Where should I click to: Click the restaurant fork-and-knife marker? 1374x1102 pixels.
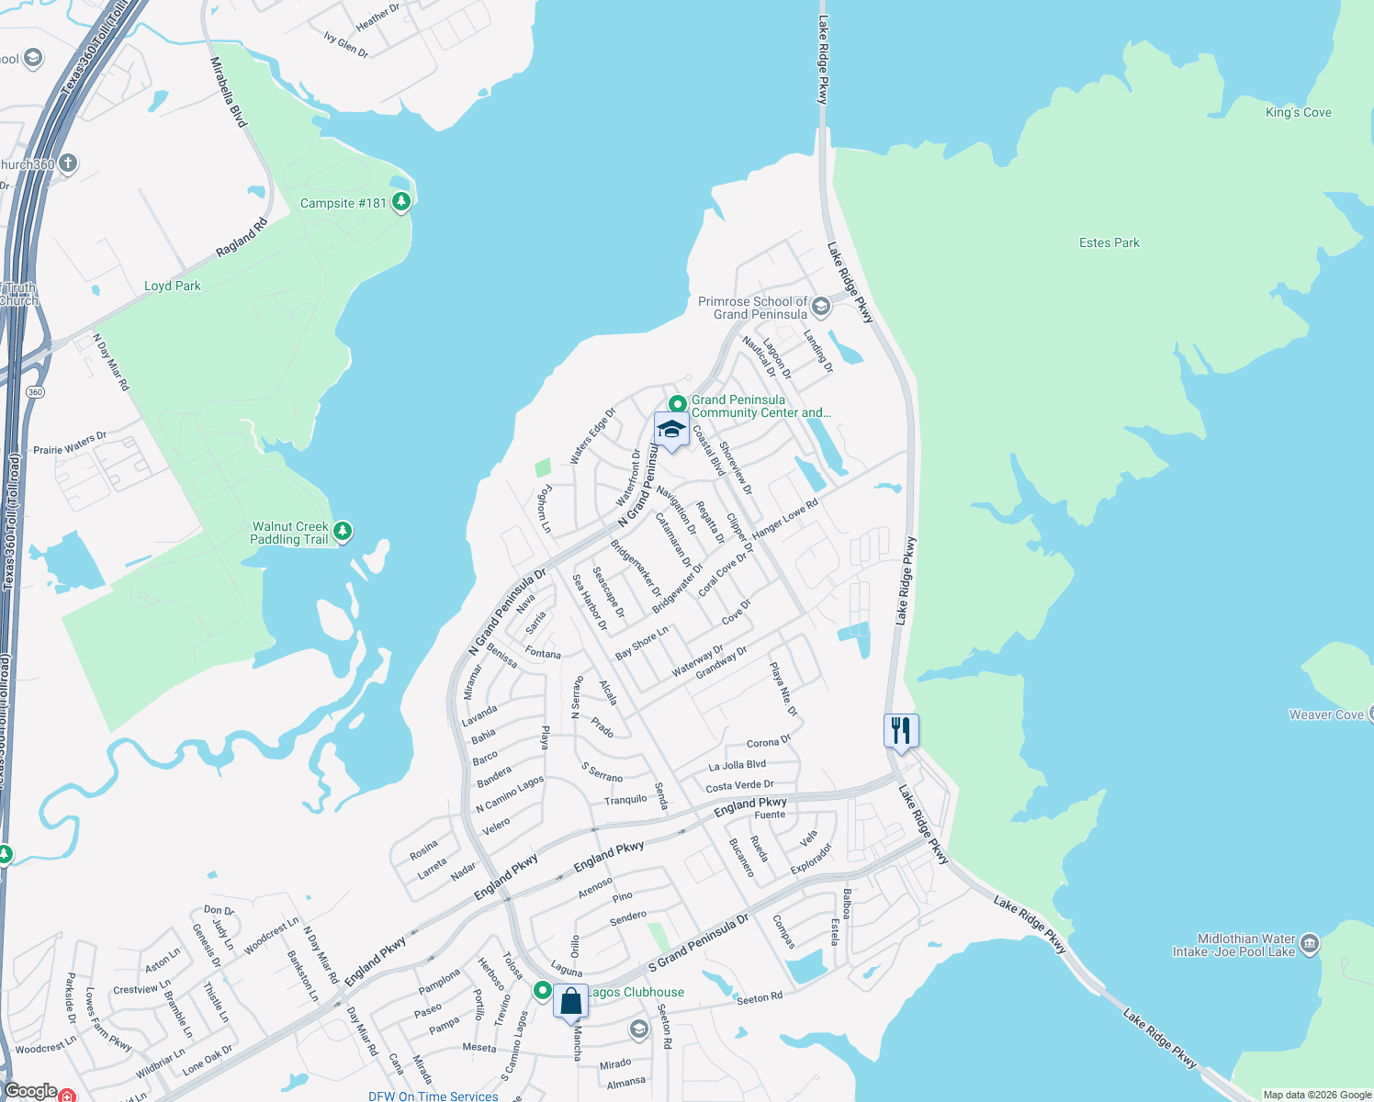901,731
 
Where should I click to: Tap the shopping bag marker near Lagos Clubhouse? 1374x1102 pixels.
570,1001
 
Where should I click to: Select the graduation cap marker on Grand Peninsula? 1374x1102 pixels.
671,430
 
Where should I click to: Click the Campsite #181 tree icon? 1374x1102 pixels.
400,202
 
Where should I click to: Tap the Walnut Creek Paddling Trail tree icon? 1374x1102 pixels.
343,532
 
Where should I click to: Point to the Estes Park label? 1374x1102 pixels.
1109,242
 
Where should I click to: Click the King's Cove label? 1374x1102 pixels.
1298,112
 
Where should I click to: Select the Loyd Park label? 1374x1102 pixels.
172,286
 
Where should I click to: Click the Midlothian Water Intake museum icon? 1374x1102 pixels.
1310,943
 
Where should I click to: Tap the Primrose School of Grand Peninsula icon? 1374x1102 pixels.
821,307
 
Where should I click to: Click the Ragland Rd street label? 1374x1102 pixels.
242,237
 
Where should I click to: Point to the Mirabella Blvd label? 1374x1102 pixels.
229,92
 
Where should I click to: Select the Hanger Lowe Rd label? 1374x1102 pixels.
784,520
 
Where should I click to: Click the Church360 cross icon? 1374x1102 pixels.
67,163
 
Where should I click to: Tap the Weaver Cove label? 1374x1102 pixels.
1325,714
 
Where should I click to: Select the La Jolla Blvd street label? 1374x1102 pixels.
737,765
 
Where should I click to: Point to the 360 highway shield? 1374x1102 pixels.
35,392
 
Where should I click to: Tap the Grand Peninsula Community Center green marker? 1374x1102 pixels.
677,404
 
